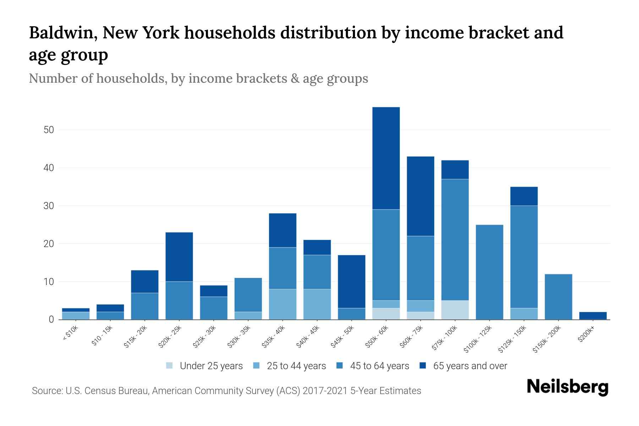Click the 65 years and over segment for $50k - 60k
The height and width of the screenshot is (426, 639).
coord(386,158)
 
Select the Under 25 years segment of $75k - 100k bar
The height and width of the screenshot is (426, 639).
coord(455,310)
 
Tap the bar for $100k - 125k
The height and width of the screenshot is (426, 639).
coord(489,272)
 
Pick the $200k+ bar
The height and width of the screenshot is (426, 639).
coord(593,316)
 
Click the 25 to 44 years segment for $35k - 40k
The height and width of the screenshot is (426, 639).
coord(283,304)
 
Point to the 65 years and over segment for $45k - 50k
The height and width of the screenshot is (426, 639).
coord(351,282)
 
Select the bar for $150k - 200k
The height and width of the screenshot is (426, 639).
coord(558,297)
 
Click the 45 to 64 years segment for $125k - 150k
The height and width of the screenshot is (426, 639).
coord(524,257)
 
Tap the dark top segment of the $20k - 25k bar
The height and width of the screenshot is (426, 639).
coord(179,257)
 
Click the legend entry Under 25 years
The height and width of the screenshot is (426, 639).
coord(211,366)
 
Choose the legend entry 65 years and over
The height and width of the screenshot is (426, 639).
coord(470,366)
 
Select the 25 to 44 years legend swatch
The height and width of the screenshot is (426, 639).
coord(257,366)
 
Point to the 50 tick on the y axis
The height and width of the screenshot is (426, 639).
coord(49,130)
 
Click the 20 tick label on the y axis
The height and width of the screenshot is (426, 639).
coord(49,244)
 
